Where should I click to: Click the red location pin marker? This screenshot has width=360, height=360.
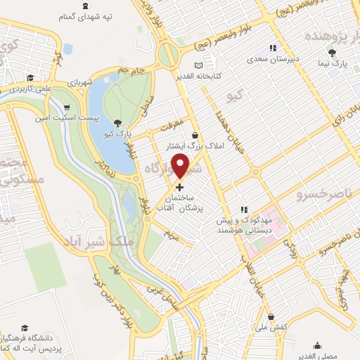coord(181,166)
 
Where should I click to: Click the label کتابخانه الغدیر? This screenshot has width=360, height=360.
coord(198,75)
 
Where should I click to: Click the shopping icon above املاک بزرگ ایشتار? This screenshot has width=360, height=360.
coord(195,136)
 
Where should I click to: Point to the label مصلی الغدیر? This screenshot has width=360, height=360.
coord(319,356)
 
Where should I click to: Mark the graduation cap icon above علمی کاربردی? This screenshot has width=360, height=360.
coord(30,77)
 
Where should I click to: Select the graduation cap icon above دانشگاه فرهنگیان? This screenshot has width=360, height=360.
coord(25,328)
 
